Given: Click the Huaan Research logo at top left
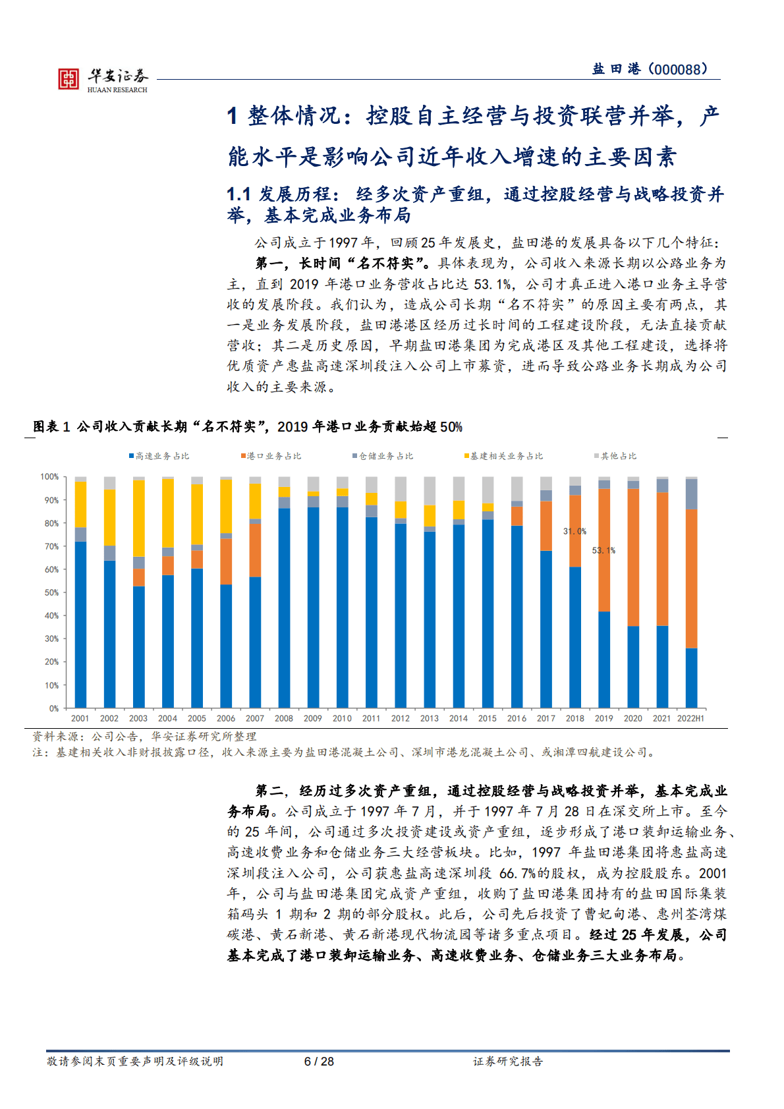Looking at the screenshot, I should pyautogui.click(x=102, y=79).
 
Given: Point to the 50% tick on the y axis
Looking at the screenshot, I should pyautogui.click(x=51, y=592).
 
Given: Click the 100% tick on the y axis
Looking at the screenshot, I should pyautogui.click(x=49, y=476).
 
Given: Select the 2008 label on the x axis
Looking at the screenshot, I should pyautogui.click(x=284, y=718).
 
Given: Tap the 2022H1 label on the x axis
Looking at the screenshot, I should pyautogui.click(x=690, y=718).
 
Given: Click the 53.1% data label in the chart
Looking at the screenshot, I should pyautogui.click(x=603, y=550).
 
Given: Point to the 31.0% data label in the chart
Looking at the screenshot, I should pyautogui.click(x=574, y=531).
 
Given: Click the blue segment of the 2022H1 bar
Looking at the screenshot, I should pyautogui.click(x=691, y=678).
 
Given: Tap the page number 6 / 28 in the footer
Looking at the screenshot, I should pyautogui.click(x=319, y=1061).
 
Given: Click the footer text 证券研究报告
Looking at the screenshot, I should pyautogui.click(x=508, y=1061).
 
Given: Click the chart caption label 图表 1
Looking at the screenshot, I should pyautogui.click(x=52, y=427).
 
